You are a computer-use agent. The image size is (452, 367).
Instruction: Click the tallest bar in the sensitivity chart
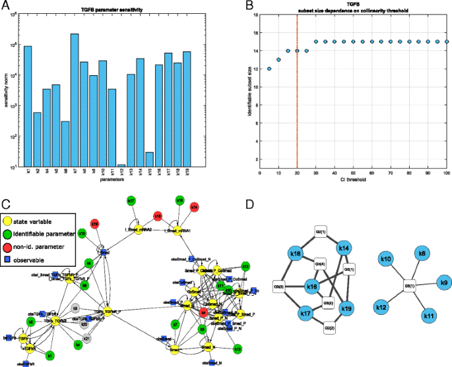[x=75, y=99]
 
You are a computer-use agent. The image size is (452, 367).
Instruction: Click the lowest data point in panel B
[x=269, y=69]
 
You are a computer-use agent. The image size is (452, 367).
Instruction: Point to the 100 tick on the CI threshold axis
[x=447, y=173]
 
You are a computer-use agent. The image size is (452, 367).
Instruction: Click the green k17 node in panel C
[x=131, y=200]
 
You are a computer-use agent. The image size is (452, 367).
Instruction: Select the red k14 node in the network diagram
[x=195, y=207]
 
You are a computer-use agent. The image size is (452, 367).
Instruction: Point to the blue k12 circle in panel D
[x=383, y=308]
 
